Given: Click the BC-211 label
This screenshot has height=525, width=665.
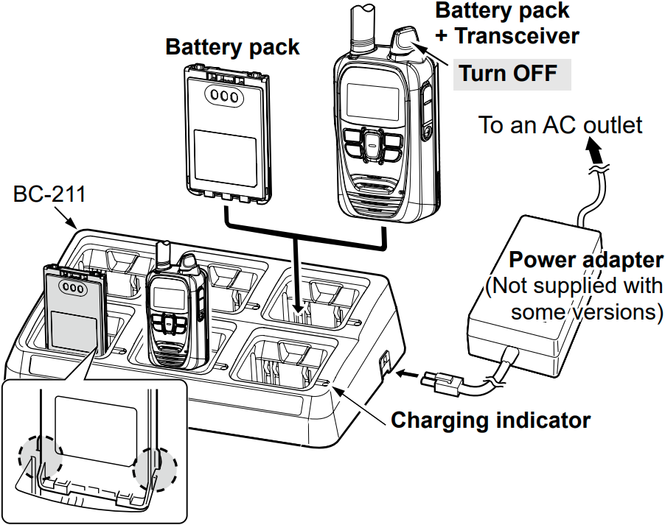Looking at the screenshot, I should (49, 195).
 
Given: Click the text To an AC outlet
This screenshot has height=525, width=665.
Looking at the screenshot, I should (560, 124).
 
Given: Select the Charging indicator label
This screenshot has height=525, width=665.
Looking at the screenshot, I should (490, 420).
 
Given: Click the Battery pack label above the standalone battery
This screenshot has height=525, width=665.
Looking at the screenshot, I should (232, 47).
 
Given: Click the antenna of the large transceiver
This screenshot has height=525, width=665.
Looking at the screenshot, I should (363, 26).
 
